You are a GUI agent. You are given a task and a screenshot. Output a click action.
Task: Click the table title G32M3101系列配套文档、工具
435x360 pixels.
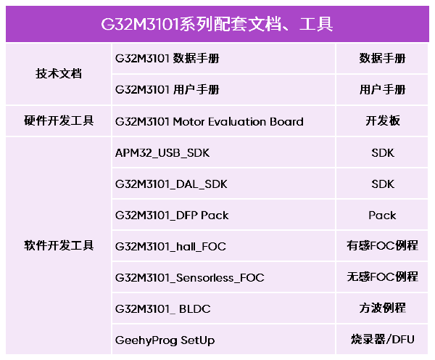coord(217,24)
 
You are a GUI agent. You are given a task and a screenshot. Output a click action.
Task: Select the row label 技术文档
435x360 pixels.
coord(59,74)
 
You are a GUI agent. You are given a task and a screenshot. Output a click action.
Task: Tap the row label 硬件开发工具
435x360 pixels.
coord(59,120)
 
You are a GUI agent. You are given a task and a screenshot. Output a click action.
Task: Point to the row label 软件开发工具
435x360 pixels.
coord(59,245)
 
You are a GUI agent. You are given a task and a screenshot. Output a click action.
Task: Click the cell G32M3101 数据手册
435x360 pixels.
coord(167,58)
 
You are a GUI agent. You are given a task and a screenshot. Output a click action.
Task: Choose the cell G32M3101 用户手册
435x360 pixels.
coord(167,90)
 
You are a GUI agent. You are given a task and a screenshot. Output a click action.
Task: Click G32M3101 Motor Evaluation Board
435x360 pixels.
coord(210,122)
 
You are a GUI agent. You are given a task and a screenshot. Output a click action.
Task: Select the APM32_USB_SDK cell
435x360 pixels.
coord(162,153)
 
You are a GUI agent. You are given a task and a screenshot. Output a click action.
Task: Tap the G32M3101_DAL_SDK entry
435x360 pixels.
coord(171,184)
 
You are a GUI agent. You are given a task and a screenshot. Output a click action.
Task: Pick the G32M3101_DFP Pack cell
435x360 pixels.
coord(172,216)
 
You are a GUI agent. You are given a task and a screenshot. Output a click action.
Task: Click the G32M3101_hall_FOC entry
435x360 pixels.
coord(170,247)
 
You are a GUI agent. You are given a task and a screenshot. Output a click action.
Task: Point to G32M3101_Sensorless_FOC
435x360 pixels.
coord(190,278)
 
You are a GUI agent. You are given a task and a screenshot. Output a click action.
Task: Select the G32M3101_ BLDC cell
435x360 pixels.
coord(163,309)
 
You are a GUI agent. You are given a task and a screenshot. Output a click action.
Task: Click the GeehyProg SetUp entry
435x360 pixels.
coord(165,340)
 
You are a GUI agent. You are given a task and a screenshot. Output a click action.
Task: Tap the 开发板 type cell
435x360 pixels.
coord(383,120)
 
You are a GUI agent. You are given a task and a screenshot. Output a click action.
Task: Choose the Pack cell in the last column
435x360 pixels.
coord(382,216)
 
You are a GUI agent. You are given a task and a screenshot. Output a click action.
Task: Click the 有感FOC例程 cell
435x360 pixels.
coord(383,245)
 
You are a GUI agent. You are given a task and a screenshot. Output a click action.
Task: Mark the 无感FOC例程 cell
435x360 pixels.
coord(383,277)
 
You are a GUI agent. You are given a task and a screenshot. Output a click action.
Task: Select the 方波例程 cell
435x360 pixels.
coord(383,308)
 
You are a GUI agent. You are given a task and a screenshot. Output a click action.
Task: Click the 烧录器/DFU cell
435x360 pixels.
coord(383,340)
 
